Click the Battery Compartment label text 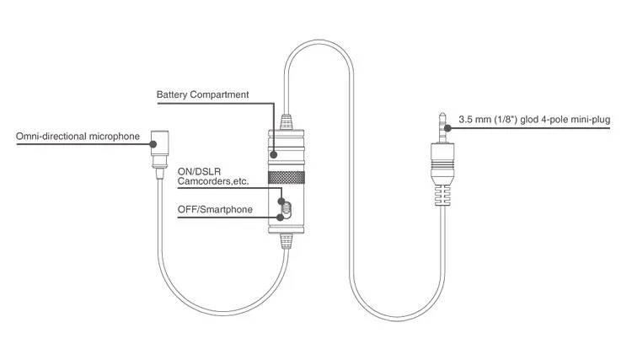point(203,94)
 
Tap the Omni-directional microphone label point(78,137)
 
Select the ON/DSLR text point(199,172)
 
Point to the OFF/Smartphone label point(215,210)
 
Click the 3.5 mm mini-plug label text point(534,120)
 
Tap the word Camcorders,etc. point(213,181)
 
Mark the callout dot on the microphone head point(153,144)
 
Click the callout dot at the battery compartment point(274,154)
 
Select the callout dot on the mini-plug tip point(447,128)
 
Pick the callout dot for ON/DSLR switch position point(281,201)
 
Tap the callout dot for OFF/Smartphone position point(280,218)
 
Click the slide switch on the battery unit point(287,210)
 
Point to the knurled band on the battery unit point(287,177)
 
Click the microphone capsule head point(159,142)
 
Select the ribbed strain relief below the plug point(442,196)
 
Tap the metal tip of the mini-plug point(442,128)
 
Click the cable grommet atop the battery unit point(287,121)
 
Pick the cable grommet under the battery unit point(287,241)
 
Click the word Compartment point(219,94)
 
